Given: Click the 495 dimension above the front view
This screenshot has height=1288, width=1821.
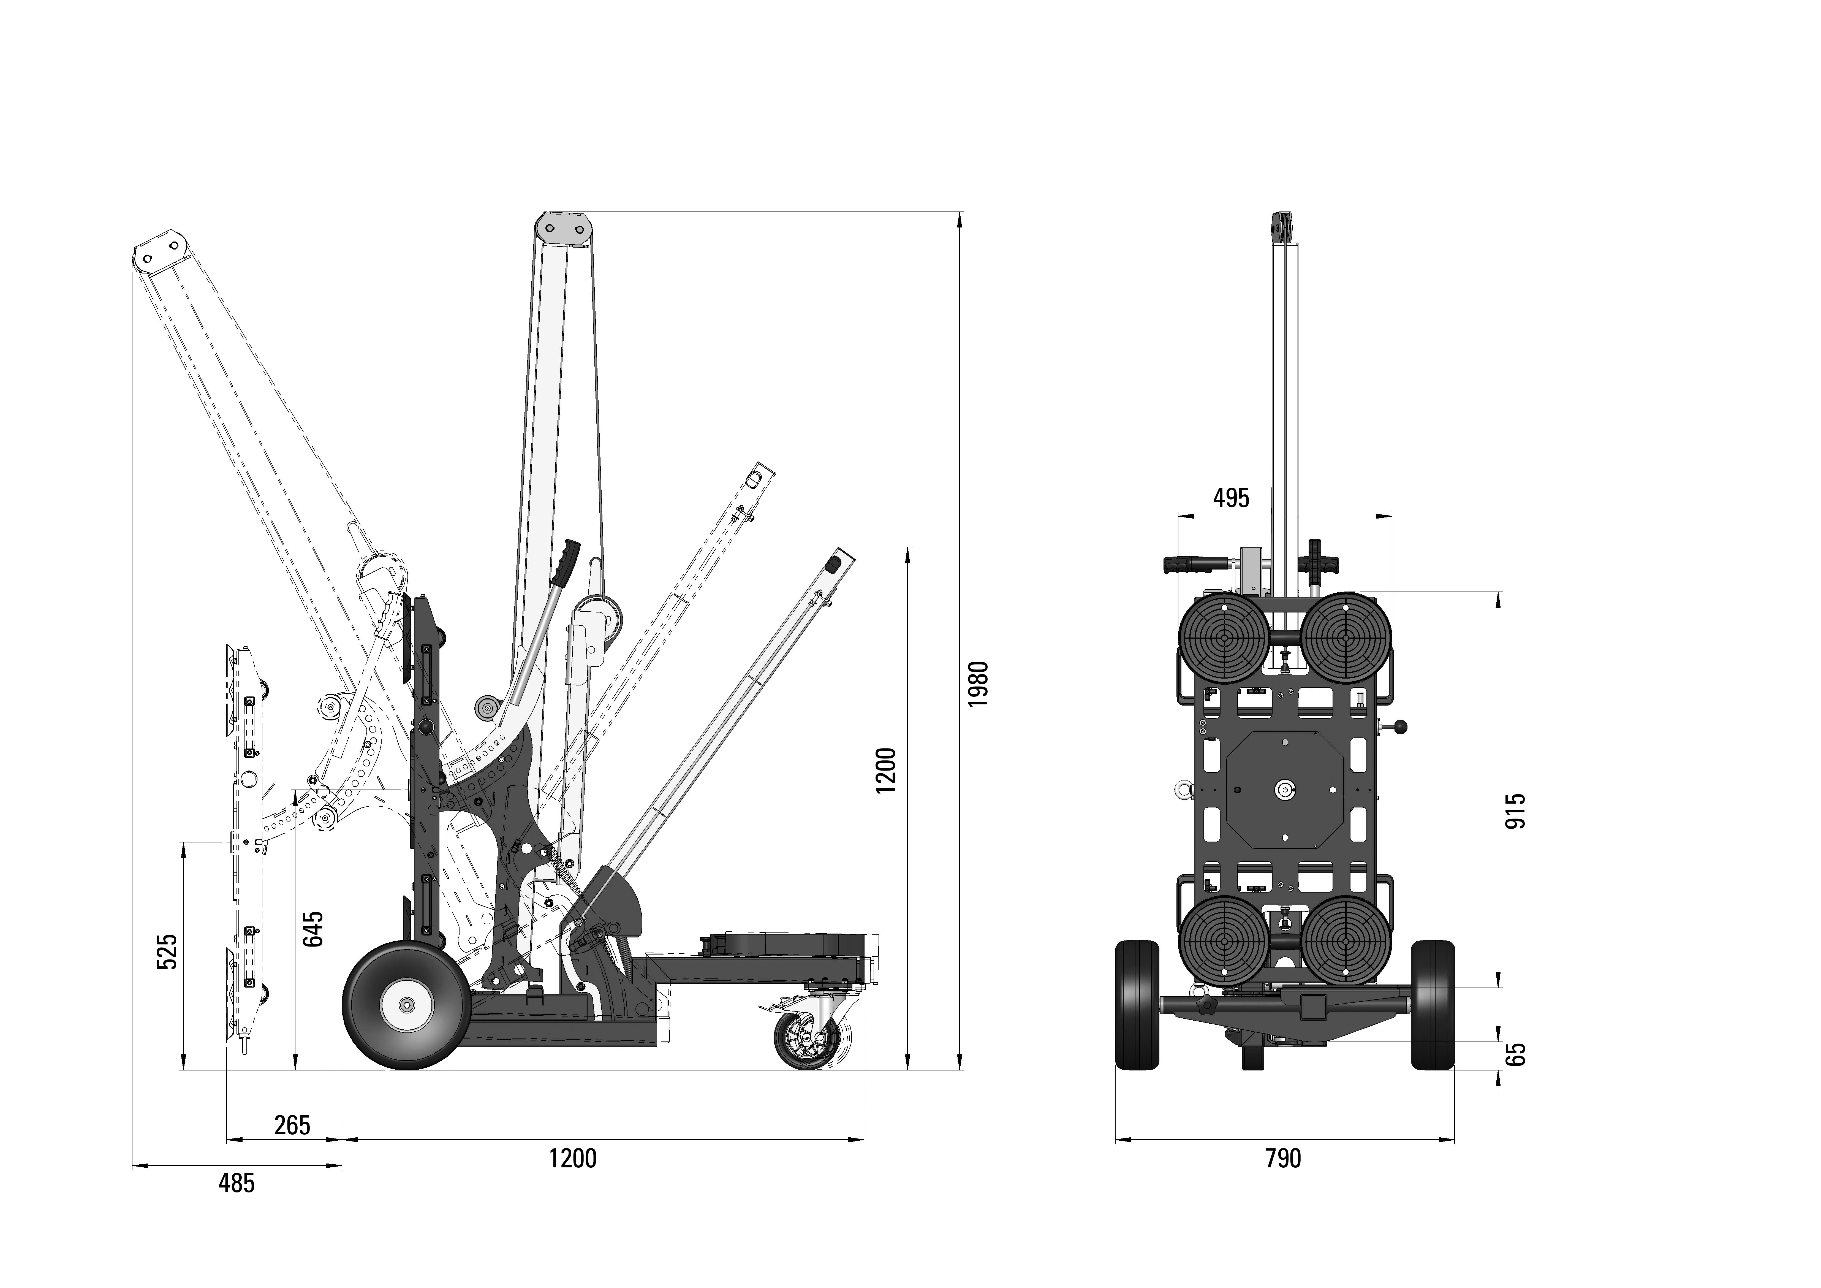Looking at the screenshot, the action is [x=1231, y=498].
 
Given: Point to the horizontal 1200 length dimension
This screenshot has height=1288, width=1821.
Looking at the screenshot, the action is [x=573, y=1159].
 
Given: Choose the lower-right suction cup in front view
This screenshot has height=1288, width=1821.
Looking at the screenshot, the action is [x=1346, y=941].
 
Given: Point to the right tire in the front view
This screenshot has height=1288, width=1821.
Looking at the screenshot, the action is [x=1433, y=1005].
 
